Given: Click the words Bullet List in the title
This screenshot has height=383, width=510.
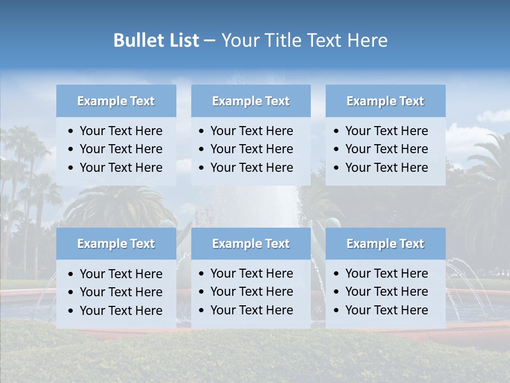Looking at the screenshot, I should pyautogui.click(x=156, y=40).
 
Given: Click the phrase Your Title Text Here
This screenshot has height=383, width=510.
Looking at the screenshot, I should pyautogui.click(x=304, y=40).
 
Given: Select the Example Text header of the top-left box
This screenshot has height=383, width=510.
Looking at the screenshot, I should pyautogui.click(x=116, y=101).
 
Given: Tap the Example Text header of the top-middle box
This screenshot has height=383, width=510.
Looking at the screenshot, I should pyautogui.click(x=251, y=101).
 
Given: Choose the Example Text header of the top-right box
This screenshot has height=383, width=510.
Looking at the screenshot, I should pyautogui.click(x=385, y=101).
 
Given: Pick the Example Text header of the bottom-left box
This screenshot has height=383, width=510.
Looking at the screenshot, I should pyautogui.click(x=116, y=244).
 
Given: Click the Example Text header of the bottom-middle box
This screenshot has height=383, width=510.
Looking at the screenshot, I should pyautogui.click(x=251, y=244).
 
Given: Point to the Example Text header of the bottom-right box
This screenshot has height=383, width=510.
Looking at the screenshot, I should pyautogui.click(x=385, y=244).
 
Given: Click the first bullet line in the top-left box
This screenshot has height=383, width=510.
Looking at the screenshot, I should pyautogui.click(x=121, y=131).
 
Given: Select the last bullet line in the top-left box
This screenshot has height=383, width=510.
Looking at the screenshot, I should pyautogui.click(x=121, y=168).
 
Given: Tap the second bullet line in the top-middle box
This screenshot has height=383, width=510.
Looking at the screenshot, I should pyautogui.click(x=251, y=149).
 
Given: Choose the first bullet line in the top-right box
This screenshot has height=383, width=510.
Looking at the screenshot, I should pyautogui.click(x=386, y=131).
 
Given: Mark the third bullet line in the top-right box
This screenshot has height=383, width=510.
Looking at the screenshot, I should pyautogui.click(x=386, y=168).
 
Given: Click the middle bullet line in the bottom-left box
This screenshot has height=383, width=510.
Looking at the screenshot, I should pyautogui.click(x=121, y=292).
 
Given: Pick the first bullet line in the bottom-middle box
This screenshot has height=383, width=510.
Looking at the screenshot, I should pyautogui.click(x=251, y=273).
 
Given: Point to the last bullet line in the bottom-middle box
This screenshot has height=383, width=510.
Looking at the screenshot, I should pyautogui.click(x=251, y=310).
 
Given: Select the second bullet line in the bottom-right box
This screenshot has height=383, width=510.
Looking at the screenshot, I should pyautogui.click(x=386, y=292).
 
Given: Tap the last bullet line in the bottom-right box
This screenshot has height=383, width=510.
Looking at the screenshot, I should pyautogui.click(x=386, y=310).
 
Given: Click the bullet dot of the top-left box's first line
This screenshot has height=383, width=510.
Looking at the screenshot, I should pyautogui.click(x=71, y=131).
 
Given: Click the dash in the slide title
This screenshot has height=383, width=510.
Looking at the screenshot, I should pyautogui.click(x=210, y=40).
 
